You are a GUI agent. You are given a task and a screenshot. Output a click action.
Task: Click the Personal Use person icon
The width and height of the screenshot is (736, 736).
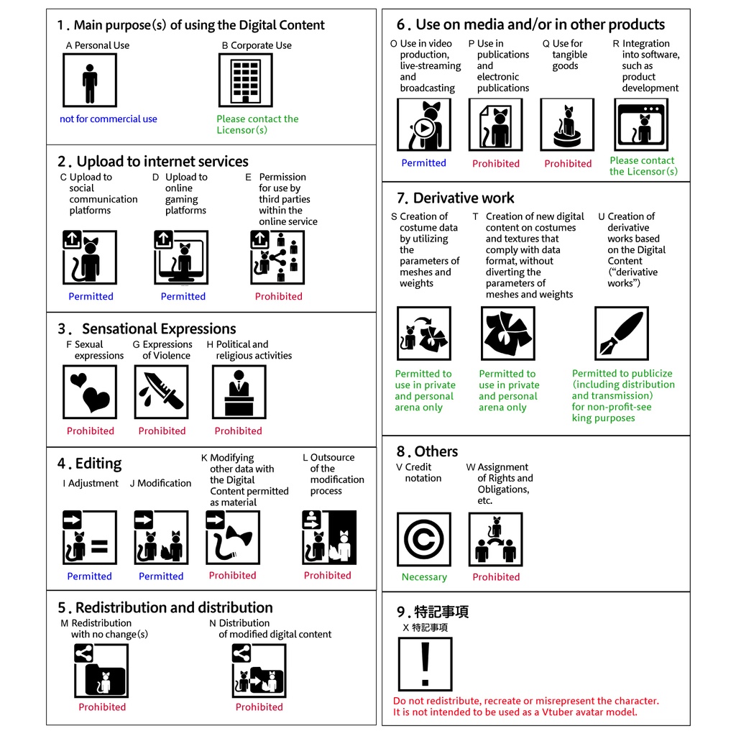point(90,80)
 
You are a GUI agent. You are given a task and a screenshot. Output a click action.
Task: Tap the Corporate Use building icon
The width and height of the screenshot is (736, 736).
point(245,80)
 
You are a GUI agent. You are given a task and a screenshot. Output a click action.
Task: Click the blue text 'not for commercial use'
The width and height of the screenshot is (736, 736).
point(108,119)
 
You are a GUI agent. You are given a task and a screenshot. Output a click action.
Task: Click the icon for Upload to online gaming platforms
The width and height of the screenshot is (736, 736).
point(181,257)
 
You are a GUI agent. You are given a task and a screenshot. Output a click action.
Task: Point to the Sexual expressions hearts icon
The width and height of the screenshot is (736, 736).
point(90,392)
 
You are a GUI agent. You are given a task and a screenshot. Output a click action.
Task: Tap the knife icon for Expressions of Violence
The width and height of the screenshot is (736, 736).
point(161,392)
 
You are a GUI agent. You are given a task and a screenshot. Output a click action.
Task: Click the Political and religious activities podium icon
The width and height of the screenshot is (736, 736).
point(239,392)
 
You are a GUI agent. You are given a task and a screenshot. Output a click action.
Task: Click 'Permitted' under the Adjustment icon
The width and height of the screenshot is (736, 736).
point(89,576)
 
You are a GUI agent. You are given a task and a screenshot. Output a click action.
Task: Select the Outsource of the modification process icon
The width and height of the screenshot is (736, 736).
point(328,538)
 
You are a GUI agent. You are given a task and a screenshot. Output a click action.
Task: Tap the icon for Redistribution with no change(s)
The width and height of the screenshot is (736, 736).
point(101,671)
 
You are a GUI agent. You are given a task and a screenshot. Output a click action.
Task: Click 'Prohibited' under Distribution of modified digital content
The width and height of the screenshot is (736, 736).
point(259,707)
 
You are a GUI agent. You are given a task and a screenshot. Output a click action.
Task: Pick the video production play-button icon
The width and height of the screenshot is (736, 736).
point(424,125)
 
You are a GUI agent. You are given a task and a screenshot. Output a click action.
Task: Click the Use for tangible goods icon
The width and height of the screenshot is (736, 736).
point(568,125)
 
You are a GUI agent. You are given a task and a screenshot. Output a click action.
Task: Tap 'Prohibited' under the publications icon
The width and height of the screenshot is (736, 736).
point(496,164)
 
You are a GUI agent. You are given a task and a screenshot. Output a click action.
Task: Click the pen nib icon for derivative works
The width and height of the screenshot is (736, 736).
point(622,333)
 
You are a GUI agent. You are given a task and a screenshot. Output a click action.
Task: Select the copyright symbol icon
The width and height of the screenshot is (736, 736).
point(424,539)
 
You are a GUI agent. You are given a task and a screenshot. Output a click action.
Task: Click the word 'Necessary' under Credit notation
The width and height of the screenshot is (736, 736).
point(424,577)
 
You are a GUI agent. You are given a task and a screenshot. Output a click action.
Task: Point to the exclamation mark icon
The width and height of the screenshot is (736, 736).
point(425,664)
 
